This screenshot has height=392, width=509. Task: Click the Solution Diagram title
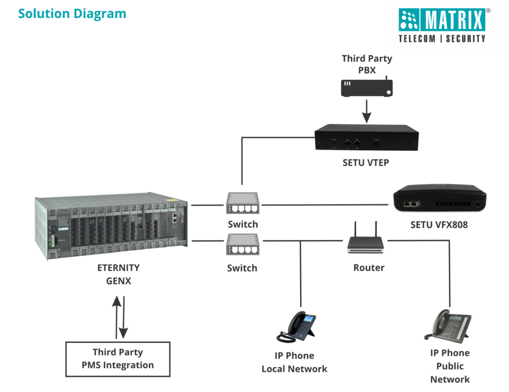pyautogui.click(x=72, y=13)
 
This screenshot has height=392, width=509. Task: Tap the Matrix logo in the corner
pyautogui.click(x=442, y=25)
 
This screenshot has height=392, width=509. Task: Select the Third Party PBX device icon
pyautogui.click(x=367, y=88)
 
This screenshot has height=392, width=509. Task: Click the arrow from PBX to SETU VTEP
pyautogui.click(x=366, y=111)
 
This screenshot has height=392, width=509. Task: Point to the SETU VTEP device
pyautogui.click(x=366, y=138)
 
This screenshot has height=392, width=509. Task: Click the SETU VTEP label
pyautogui.click(x=366, y=163)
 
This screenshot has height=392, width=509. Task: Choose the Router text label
pyautogui.click(x=369, y=268)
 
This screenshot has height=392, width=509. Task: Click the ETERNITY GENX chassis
pyautogui.click(x=112, y=226)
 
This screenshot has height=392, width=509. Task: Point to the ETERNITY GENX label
pyautogui.click(x=118, y=274)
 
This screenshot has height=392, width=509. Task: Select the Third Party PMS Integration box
pyautogui.click(x=118, y=359)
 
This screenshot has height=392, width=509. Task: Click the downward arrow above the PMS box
pyautogui.click(x=124, y=318)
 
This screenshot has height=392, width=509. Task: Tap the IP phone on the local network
pyautogui.click(x=297, y=326)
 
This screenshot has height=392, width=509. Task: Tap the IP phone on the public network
pyautogui.click(x=448, y=324)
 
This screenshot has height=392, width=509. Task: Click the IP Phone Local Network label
pyautogui.click(x=295, y=362)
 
